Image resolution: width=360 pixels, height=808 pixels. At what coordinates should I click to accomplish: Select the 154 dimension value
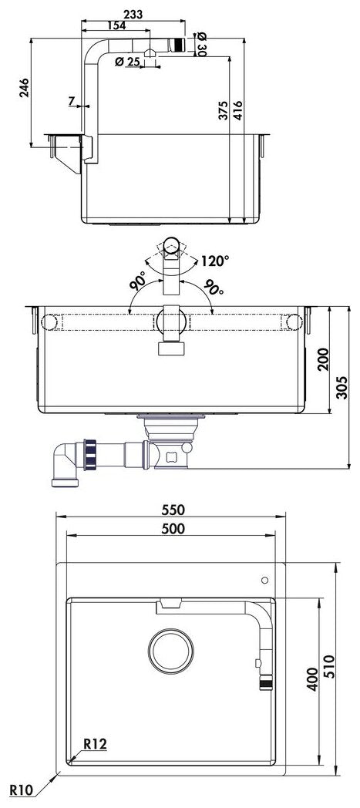116,25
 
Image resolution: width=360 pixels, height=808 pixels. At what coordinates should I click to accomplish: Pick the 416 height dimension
238,113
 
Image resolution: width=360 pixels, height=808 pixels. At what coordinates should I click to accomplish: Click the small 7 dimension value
71,101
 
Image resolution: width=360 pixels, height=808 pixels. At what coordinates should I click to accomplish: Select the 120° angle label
215,261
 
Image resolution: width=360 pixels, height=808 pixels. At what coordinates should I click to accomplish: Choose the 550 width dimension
173,511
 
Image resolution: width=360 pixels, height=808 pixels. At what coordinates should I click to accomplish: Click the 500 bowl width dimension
173,529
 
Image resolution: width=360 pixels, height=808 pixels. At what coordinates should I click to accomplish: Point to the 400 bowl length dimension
312,678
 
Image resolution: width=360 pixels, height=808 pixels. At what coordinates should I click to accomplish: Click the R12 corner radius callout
94,744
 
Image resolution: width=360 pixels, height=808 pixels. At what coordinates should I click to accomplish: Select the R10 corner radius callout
21,790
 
